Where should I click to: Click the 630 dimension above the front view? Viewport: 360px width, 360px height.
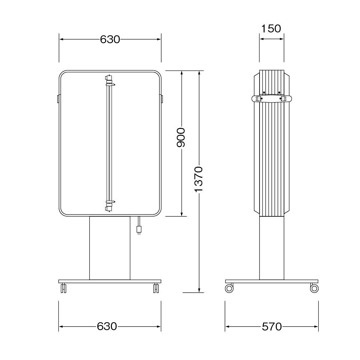pyautogui.click(x=110, y=40)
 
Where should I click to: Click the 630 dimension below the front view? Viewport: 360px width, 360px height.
pyautogui.click(x=107, y=326)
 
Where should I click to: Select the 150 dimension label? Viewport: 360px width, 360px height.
pyautogui.click(x=271, y=28)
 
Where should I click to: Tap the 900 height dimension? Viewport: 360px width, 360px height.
pyautogui.click(x=181, y=137)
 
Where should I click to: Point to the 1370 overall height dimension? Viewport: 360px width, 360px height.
pyautogui.click(x=199, y=179)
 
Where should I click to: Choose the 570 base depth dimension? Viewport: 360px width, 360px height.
pyautogui.click(x=271, y=327)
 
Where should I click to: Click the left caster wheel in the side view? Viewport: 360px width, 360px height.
pyautogui.click(x=229, y=288)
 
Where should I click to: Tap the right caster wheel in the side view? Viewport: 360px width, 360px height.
pyautogui.click(x=314, y=288)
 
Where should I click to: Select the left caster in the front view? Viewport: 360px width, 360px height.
pyautogui.click(x=63, y=288)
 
